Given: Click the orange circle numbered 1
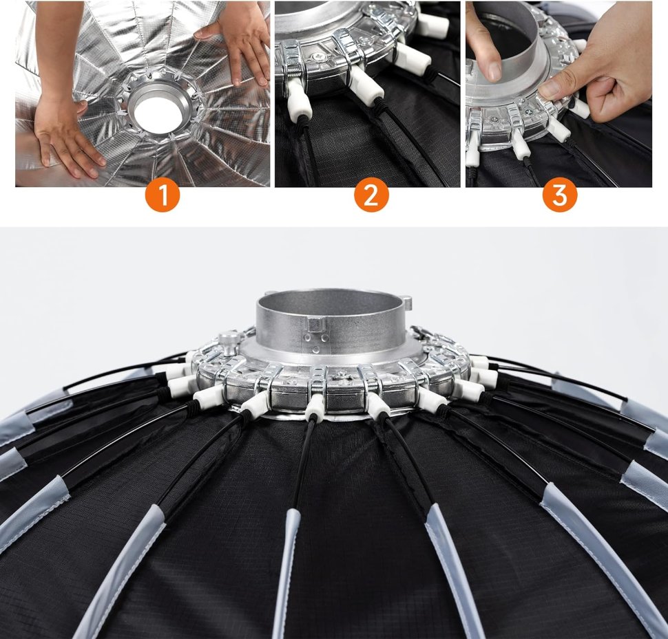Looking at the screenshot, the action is pos(163,195).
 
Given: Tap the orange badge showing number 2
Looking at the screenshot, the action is pos(371,195).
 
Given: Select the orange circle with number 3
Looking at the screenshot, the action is pos(560,195).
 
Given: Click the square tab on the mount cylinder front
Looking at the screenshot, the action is pos(317,324).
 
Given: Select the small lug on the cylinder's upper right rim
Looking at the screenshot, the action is pos(407,303).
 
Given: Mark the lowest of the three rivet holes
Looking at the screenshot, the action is pos(315,349).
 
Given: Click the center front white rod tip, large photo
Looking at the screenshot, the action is pos(315,407).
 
